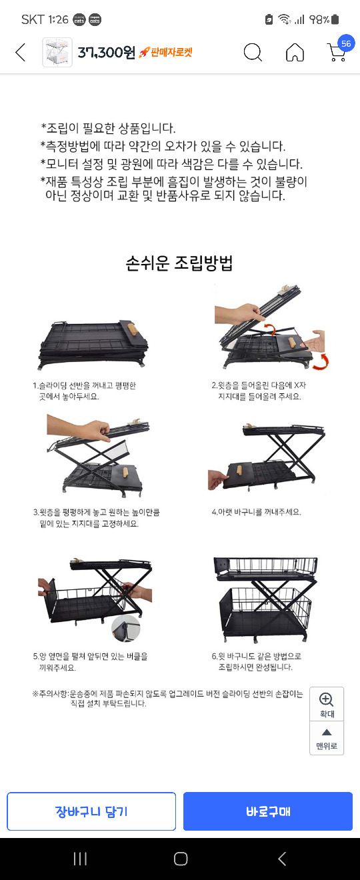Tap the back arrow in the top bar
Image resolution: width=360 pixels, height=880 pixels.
coord(21,52)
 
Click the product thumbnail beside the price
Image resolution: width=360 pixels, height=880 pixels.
coord(57,52)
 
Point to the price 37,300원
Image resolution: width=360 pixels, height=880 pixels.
coord(107,52)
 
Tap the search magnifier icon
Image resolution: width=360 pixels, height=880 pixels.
coord(253,52)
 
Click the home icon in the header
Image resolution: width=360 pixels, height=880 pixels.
coord(295,52)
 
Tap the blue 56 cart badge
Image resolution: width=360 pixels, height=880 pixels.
coord(346,43)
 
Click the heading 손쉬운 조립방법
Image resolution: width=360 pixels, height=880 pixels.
coord(179,263)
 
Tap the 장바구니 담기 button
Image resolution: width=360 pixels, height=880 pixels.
coord(91,811)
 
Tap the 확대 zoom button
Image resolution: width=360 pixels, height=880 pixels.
coord(327,705)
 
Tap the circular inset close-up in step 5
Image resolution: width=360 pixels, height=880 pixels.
coord(126,629)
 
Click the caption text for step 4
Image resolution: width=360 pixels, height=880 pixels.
coord(256,512)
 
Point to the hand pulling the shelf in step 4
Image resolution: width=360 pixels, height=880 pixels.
coord(218,479)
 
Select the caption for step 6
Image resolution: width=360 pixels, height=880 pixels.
coord(256,661)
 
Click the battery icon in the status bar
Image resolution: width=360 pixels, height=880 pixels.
coord(335,19)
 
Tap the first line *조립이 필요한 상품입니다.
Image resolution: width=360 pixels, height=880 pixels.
coord(108,128)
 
